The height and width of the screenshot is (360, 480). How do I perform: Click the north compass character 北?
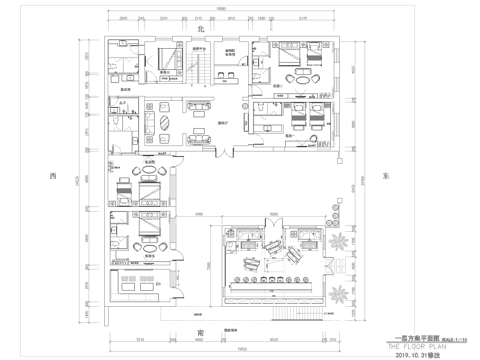point(185,31)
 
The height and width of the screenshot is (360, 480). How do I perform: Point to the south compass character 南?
point(185,338)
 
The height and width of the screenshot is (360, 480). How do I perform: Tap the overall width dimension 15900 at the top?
point(222,8)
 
